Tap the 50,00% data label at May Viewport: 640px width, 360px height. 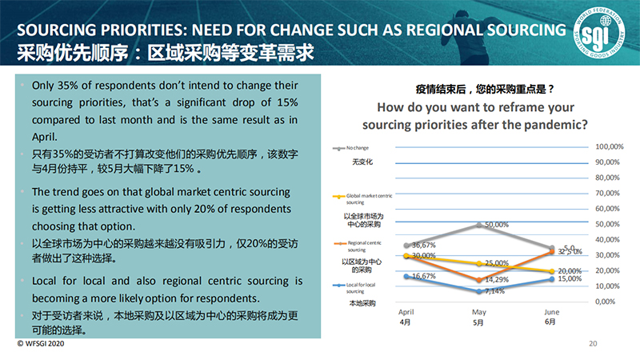click(497, 225)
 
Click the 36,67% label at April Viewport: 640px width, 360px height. click(422, 245)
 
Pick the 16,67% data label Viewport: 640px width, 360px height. click(422, 275)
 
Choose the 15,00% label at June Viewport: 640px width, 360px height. click(570, 279)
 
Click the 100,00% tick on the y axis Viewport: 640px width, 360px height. click(610, 146)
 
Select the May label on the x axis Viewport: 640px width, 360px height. click(479, 312)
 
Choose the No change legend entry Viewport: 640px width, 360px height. click(356, 148)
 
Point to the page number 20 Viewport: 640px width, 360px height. click(593, 344)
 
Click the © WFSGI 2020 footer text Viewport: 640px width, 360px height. click(41, 344)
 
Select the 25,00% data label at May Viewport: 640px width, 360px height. click(497, 263)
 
